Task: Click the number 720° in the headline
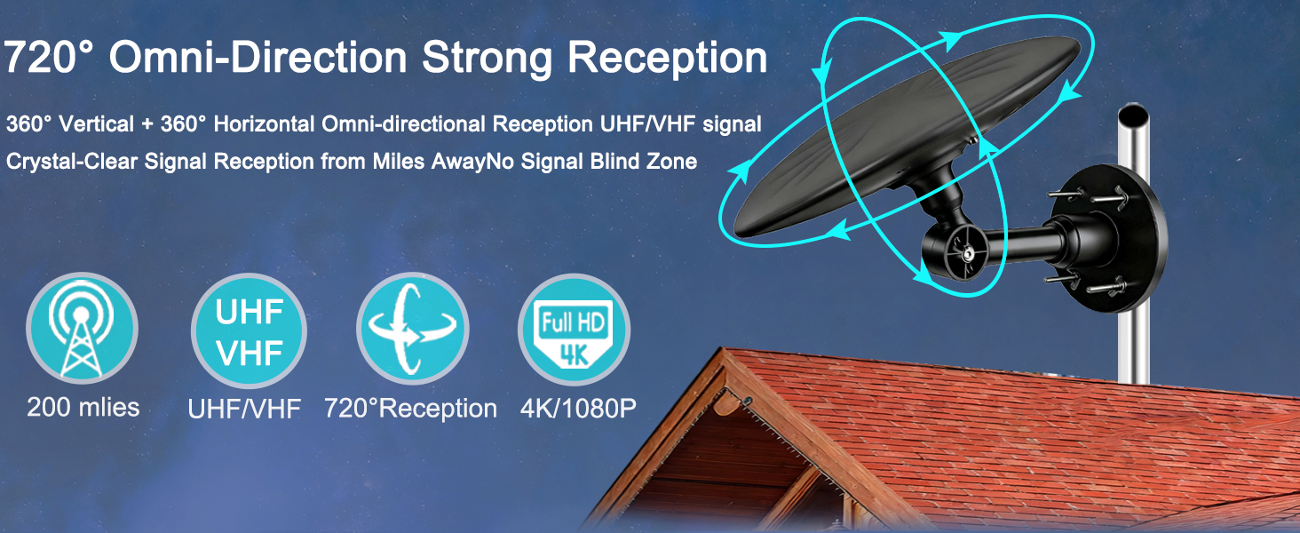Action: tap(49, 56)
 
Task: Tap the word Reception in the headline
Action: tap(668, 59)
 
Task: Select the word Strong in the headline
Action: tap(487, 59)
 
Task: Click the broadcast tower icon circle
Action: tap(82, 328)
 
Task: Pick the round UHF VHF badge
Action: tap(249, 330)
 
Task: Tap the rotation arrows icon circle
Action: tap(413, 330)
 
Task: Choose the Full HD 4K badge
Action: tap(574, 330)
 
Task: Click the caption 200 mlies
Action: tap(83, 407)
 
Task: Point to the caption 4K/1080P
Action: tap(578, 409)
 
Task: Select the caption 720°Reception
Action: tap(410, 409)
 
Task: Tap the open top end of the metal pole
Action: tap(1133, 113)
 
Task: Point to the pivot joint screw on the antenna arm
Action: tap(968, 253)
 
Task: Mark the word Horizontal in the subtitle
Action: tap(264, 124)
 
